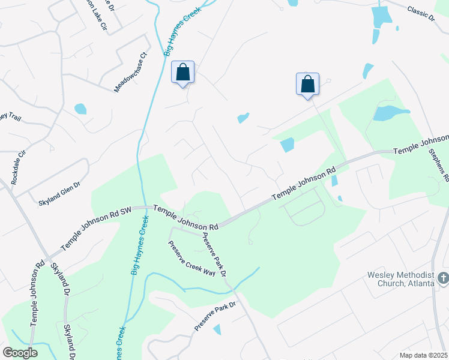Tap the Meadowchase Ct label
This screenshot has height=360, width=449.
click(x=130, y=72)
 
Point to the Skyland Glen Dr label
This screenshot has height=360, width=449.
click(x=59, y=194)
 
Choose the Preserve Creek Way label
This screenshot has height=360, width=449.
click(x=191, y=258)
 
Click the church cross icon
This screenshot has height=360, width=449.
click(x=443, y=278)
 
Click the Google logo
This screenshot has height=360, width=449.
click(x=20, y=352)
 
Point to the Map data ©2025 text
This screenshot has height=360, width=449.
click(x=424, y=355)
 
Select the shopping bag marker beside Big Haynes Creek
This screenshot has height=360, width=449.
click(x=183, y=73)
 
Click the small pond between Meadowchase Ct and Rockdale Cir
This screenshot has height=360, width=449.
click(x=80, y=109)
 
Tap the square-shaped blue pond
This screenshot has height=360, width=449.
click(x=288, y=145)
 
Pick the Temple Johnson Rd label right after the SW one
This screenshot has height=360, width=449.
click(x=186, y=217)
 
